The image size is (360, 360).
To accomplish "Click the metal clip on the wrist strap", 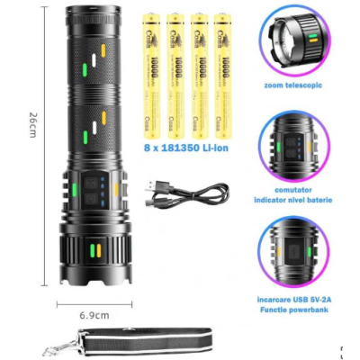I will pos(46,346).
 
